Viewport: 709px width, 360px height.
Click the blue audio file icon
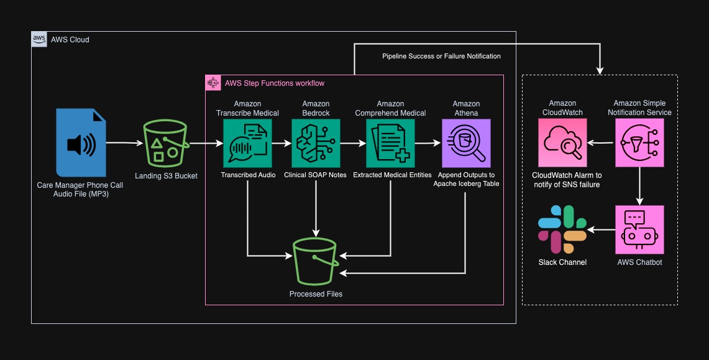pyautogui.click(x=80, y=142)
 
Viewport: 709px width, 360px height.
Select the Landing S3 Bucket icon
pyautogui.click(x=166, y=143)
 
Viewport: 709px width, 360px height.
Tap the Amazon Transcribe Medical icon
pyautogui.click(x=248, y=144)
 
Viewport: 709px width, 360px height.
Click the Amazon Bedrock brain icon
pyautogui.click(x=316, y=144)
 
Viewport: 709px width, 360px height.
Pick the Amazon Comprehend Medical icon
pyautogui.click(x=390, y=144)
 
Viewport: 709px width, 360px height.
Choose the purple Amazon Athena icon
pyautogui.click(x=465, y=144)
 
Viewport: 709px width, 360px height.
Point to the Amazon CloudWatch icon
pyautogui.click(x=562, y=144)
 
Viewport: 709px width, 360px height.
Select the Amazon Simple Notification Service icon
pyautogui.click(x=639, y=144)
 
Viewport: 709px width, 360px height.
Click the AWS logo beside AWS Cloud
pyautogui.click(x=39, y=39)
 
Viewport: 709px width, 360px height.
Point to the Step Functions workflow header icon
pyautogui.click(x=213, y=83)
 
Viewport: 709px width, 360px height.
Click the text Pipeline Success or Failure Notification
pyautogui.click(x=441, y=56)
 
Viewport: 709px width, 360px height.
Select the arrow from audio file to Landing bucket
pyautogui.click(x=122, y=144)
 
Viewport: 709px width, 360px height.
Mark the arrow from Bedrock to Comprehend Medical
pyautogui.click(x=352, y=144)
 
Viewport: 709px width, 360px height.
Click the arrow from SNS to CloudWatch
pyautogui.click(x=601, y=144)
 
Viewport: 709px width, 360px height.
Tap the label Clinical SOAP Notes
pyautogui.click(x=316, y=175)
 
